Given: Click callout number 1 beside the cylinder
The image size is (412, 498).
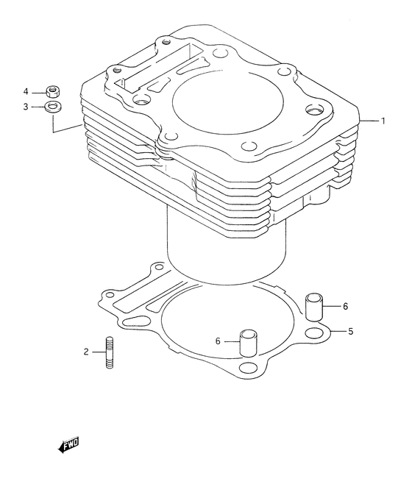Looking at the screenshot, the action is pos(383,121).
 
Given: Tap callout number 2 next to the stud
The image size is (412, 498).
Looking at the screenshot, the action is pos(86,352).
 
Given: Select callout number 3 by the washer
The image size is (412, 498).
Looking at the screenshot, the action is pos(26,107).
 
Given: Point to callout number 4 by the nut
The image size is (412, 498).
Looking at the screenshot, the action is pos(26,92).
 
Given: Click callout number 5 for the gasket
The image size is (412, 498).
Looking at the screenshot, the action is pos(350,332).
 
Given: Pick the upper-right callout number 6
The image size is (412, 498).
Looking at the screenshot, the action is pos(345,306).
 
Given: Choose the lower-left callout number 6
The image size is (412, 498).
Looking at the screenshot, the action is pos(218,341).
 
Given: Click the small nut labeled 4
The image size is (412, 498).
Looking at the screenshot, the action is pos(54,91).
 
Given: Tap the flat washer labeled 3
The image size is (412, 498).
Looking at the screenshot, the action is pos(54,107).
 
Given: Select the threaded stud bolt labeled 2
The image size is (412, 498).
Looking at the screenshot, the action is pos(109,352).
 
